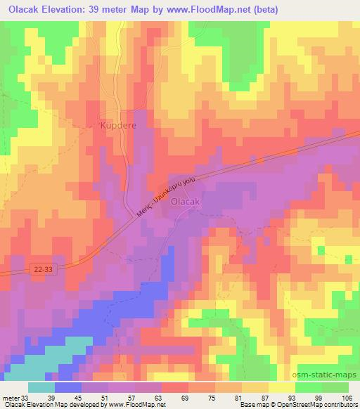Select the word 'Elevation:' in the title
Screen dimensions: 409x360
pos(74,10)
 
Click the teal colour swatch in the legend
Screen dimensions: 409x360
pos(42,388)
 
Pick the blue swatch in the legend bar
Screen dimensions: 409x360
pos(68,388)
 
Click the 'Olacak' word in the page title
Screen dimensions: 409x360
pos(23,10)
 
